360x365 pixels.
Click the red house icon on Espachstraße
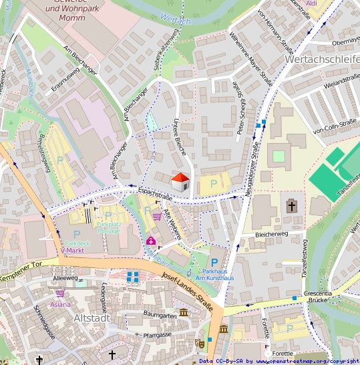coord(180,180)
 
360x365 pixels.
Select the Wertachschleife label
coord(321,60)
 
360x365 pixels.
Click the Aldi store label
coord(311,3)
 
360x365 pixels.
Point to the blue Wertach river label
coord(177,21)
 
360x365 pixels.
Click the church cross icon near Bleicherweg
coord(291,206)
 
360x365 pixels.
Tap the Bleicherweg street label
coord(271,235)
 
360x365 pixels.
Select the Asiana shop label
coord(59,304)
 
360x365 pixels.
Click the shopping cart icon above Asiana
coord(61,292)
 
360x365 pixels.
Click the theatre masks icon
coord(199,342)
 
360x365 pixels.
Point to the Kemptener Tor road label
coord(22,273)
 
